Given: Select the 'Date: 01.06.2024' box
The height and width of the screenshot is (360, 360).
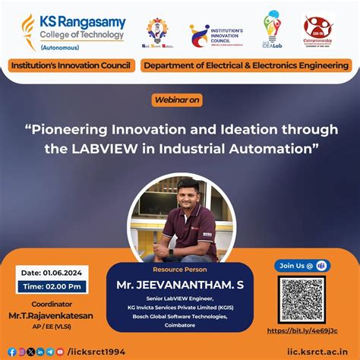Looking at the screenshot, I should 46,273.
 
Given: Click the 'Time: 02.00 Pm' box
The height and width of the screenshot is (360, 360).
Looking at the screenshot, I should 46,286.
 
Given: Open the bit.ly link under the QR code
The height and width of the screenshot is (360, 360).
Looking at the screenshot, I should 313,331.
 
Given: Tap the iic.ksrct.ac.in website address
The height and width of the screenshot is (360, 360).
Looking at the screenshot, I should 319,351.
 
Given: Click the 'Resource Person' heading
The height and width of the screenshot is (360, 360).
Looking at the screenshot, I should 179,269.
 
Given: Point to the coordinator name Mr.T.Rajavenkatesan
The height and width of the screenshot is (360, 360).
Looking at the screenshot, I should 43,314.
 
